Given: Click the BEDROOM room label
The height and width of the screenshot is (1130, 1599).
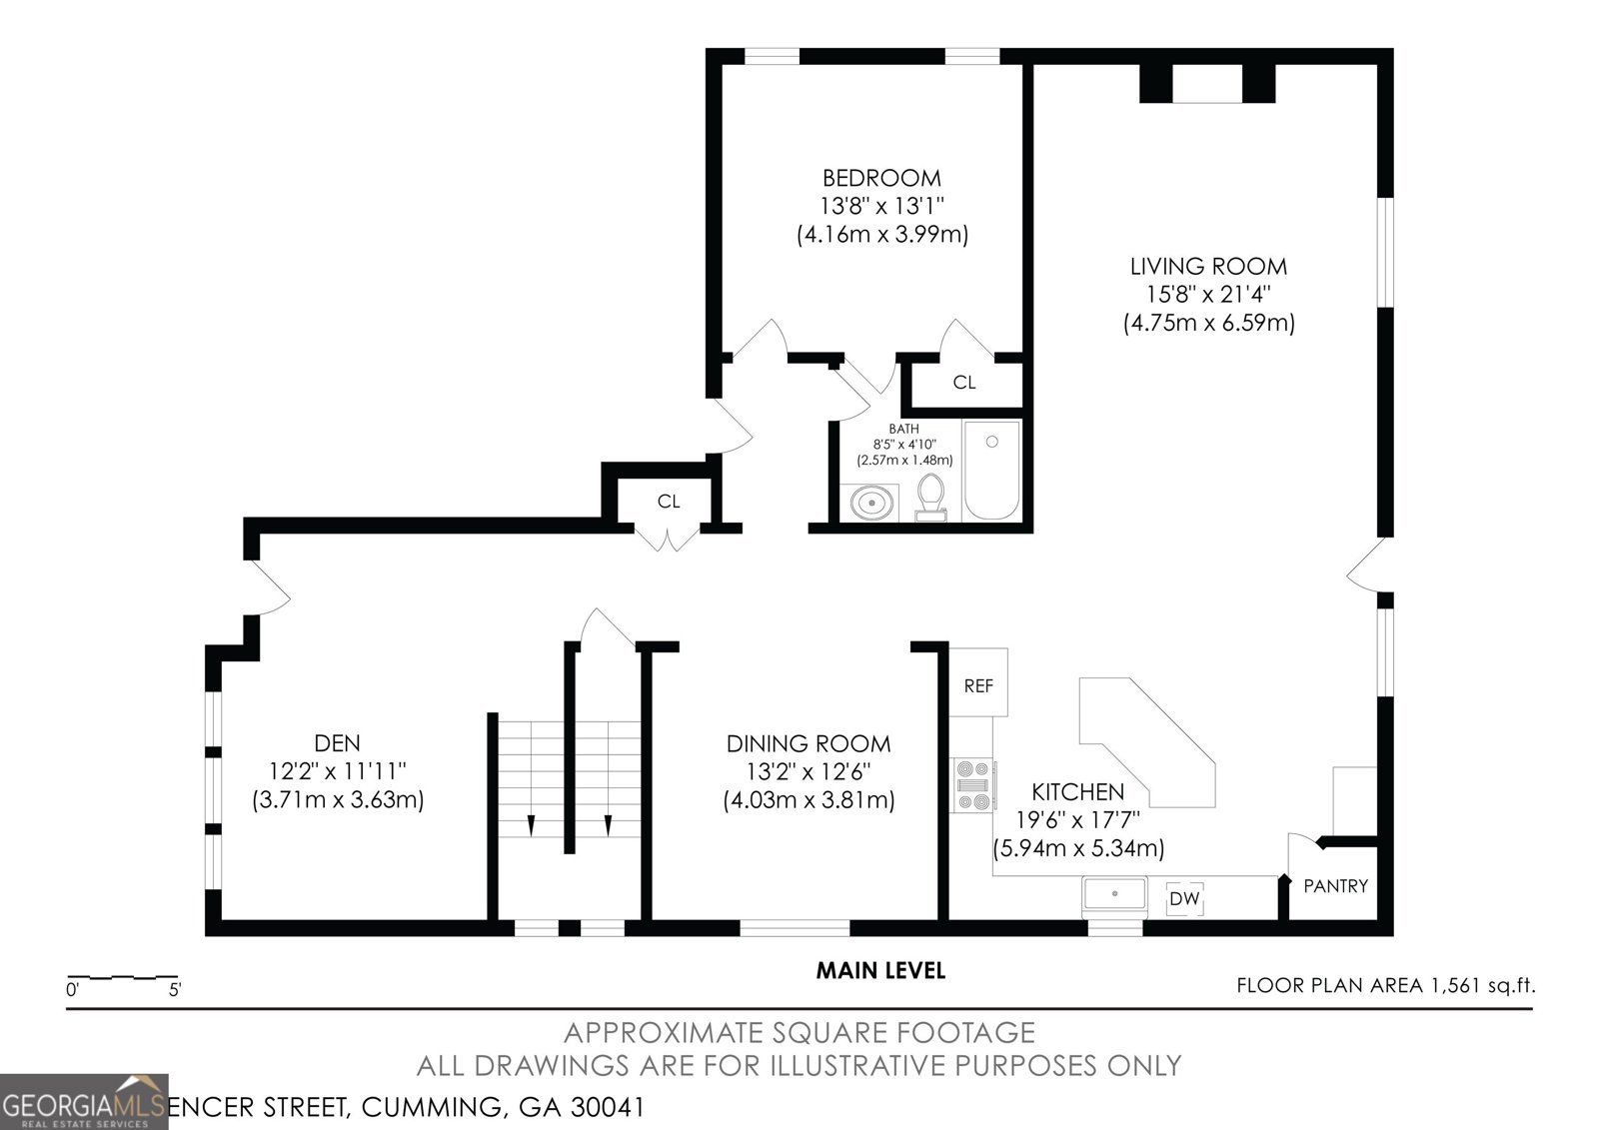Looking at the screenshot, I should click(880, 178).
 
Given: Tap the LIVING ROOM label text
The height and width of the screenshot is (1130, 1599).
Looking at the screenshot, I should click(1208, 266).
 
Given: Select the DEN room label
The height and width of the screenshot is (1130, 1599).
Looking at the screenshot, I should click(337, 742).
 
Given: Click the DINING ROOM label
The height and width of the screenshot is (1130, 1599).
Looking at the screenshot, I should click(807, 743).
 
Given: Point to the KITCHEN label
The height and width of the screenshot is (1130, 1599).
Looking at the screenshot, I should click(1077, 791).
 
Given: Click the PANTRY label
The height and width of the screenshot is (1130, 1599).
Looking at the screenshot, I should click(1335, 885).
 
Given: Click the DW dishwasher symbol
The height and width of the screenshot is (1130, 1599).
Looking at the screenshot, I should click(1184, 898).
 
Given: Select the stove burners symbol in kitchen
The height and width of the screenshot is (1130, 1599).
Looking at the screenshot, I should click(973, 785).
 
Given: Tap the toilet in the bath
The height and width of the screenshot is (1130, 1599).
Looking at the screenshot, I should click(931, 495).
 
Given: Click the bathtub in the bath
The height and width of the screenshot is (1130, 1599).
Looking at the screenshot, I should click(991, 470).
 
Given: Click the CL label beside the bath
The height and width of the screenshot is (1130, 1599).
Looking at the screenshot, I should click(963, 382).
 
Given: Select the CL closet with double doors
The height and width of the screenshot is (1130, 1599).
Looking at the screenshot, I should click(668, 501).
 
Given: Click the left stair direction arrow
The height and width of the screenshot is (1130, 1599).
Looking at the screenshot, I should click(531, 825).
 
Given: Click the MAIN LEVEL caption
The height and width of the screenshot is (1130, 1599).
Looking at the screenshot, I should click(879, 969).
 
